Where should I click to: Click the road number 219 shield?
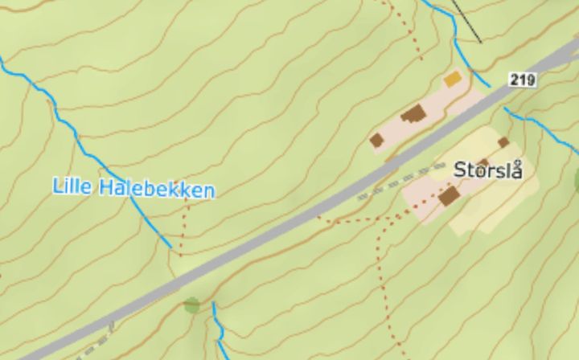522,80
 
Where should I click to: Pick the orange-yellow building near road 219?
453,79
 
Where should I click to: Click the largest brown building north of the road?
414,114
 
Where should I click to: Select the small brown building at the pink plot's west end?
376,141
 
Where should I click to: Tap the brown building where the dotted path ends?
449,196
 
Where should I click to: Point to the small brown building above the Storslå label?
503,143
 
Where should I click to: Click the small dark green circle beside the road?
191,305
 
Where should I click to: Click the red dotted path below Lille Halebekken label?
183,229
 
